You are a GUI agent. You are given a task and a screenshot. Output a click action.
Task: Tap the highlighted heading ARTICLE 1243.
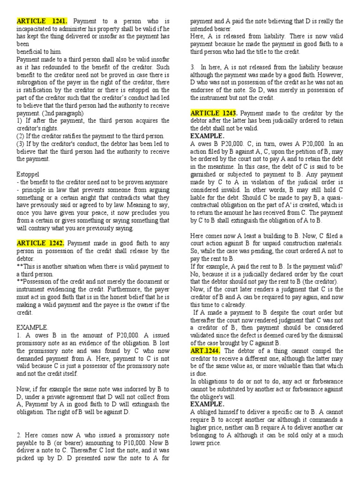click(x=214, y=113)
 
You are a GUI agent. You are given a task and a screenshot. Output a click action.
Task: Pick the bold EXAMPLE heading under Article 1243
click(x=208, y=136)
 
